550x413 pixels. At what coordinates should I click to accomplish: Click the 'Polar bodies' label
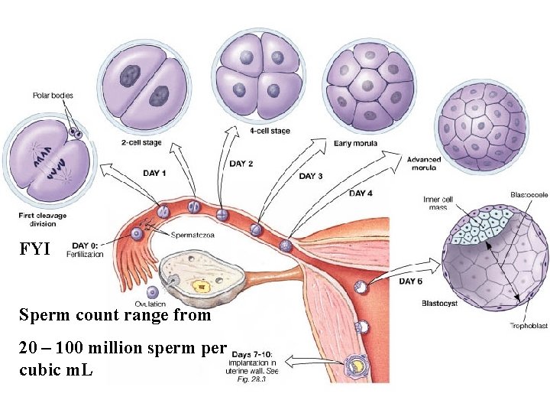53,96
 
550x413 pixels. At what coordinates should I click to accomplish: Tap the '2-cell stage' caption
141,143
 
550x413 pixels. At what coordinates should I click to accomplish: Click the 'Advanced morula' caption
425,164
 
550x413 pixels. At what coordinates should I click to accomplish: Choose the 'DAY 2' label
241,164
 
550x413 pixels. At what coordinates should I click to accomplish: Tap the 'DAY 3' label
311,176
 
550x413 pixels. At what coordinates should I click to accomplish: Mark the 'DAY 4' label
361,193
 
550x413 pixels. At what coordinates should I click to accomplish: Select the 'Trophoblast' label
528,326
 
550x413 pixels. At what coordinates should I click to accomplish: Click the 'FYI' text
34,249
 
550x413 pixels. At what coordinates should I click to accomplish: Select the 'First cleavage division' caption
43,220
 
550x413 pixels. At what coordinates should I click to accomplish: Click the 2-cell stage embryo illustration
141,84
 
